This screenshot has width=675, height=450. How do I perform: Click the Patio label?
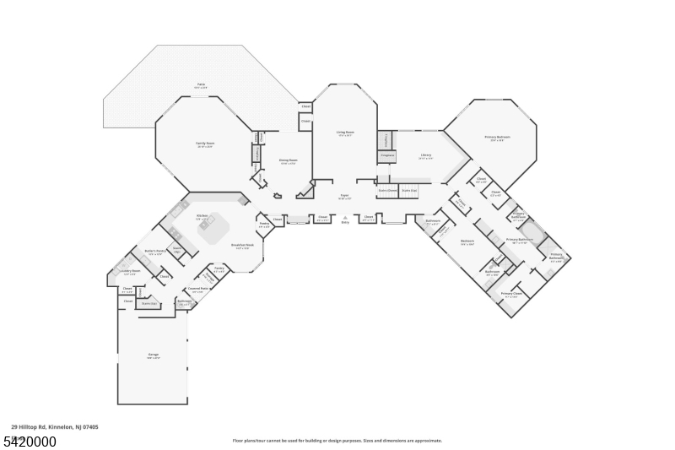click(201, 85)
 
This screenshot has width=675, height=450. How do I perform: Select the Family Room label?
click(205, 144)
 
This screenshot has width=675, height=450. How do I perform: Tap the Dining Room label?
click(289, 161)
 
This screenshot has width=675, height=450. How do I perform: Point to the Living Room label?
click(345, 133)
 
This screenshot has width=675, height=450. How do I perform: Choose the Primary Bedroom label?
click(497, 138)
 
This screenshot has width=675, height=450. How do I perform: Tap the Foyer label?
click(344, 197)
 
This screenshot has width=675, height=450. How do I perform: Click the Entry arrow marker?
click(344, 218)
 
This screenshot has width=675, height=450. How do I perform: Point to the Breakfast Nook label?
click(243, 247)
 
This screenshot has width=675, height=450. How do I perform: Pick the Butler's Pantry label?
click(155, 252)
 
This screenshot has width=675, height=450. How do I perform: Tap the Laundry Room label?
click(130, 273)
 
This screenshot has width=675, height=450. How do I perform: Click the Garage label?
click(154, 355)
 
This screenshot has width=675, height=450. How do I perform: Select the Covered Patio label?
click(197, 290)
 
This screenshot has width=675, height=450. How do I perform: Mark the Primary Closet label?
click(511, 295)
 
